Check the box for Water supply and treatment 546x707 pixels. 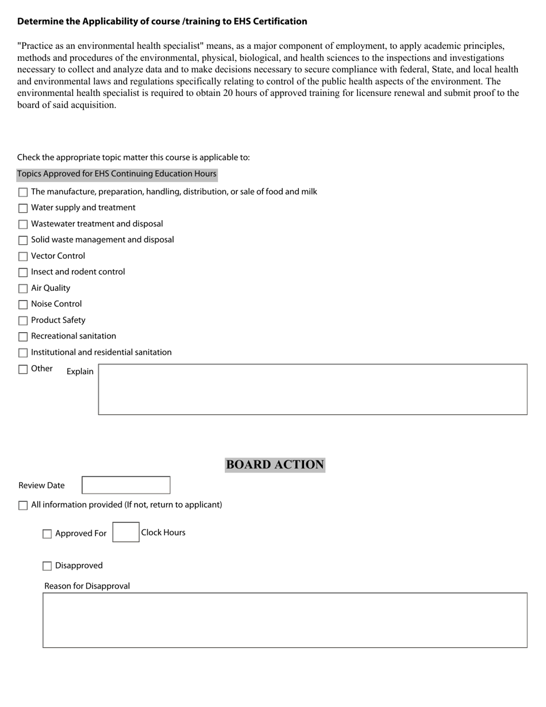click(x=23, y=208)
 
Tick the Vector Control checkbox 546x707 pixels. click(x=23, y=256)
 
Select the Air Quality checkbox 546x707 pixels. click(x=23, y=289)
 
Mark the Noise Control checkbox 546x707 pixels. click(x=23, y=305)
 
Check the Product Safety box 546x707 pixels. click(x=23, y=321)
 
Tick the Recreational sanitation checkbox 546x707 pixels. click(x=23, y=337)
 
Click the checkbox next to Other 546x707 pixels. click(x=23, y=369)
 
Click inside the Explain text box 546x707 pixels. click(x=312, y=389)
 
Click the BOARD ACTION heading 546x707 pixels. click(x=275, y=464)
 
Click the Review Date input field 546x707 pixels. click(x=126, y=485)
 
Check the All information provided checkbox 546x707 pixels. click(x=23, y=505)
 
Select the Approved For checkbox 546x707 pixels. click(x=47, y=534)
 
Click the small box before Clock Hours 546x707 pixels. click(x=126, y=532)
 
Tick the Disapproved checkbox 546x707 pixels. click(x=47, y=566)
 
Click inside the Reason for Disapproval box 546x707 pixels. click(x=284, y=620)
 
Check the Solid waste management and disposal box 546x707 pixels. click(x=23, y=240)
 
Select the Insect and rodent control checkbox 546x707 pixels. click(x=23, y=272)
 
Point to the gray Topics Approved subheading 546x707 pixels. click(x=117, y=174)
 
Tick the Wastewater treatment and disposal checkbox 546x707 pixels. click(x=23, y=224)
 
